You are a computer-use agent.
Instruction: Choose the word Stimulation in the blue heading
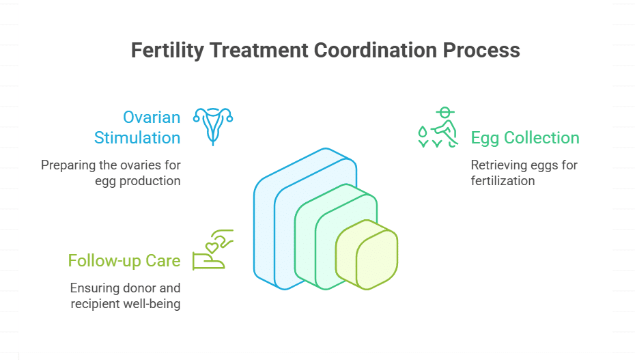point(137,137)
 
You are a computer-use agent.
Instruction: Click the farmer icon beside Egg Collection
point(437,127)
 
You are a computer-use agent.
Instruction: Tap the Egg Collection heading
point(525,137)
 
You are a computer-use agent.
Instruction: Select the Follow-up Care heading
point(124,260)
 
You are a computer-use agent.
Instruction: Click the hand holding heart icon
point(213,250)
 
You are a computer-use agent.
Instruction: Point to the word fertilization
point(503,181)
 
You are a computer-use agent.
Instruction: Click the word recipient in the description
point(96,304)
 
